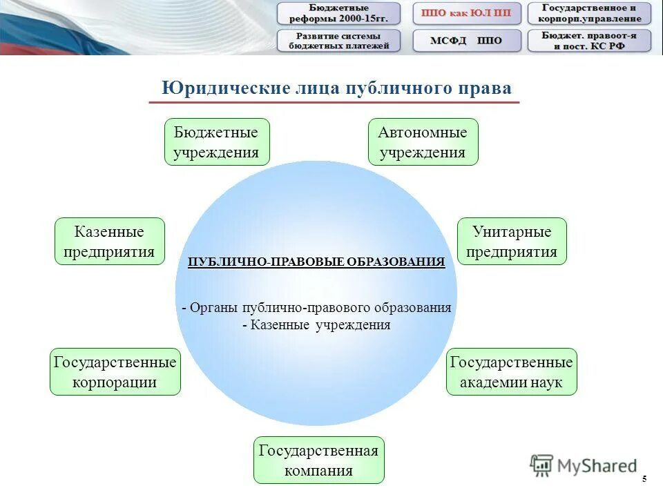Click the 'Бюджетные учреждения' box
216,142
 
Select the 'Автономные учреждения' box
422,142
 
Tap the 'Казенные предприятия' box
109,241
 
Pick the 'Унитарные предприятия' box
512,241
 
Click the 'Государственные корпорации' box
115,371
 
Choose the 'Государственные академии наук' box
511,371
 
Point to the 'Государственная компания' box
318,460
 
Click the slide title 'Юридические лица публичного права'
337,88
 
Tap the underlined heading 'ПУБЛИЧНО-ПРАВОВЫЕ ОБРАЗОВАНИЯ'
316,262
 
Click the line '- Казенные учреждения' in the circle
316,325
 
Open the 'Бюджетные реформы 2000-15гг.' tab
338,13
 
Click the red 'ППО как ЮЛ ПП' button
467,13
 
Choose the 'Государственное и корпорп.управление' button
589,13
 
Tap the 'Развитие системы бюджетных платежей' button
338,41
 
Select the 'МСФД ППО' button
467,41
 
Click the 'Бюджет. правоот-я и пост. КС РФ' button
589,41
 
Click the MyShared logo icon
542,465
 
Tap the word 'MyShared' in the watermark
597,467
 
